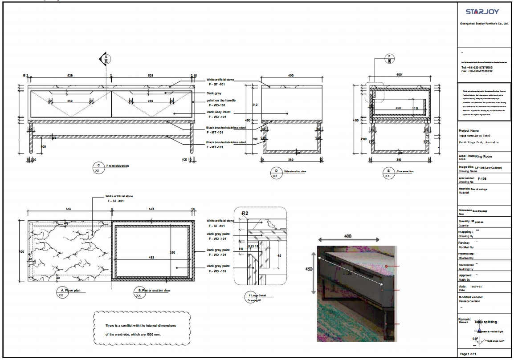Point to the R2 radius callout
(x=245, y=213)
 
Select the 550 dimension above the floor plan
(x=69, y=209)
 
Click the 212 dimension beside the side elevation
(x=254, y=105)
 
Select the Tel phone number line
(x=477, y=67)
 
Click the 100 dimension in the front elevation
(x=43, y=146)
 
